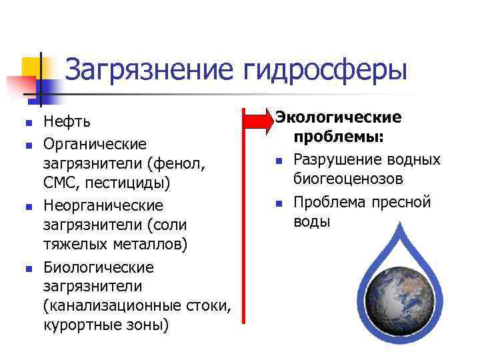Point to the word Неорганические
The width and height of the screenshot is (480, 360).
coord(103,205)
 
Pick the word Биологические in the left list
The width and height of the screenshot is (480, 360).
coord(99,267)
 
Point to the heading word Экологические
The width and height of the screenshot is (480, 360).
coord(339,117)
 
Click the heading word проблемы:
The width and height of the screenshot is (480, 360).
coord(337,137)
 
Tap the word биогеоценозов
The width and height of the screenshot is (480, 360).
coord(348,179)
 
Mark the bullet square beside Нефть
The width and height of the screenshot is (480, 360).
coord(28,123)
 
